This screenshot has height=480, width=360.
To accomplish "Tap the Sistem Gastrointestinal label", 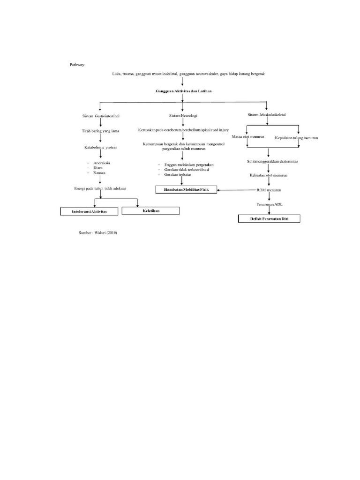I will [x=100, y=115].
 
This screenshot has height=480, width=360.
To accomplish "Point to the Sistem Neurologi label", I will [x=183, y=115].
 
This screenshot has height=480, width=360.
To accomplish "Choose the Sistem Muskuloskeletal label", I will [x=267, y=115].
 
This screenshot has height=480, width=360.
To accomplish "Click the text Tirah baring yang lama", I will [x=100, y=131].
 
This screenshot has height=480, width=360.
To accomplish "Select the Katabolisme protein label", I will [x=100, y=147].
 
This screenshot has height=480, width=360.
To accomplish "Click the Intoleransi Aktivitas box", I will [x=90, y=212].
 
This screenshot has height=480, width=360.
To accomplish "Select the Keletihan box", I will [x=151, y=211].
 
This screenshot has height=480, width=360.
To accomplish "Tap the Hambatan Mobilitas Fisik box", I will [x=186, y=189].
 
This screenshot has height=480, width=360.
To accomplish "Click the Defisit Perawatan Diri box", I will [x=269, y=218].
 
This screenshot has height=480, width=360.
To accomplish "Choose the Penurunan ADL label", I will [x=269, y=205].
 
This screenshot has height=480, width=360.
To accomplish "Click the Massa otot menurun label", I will [x=248, y=136].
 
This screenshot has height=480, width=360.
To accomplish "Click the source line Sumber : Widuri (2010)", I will [x=98, y=232].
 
